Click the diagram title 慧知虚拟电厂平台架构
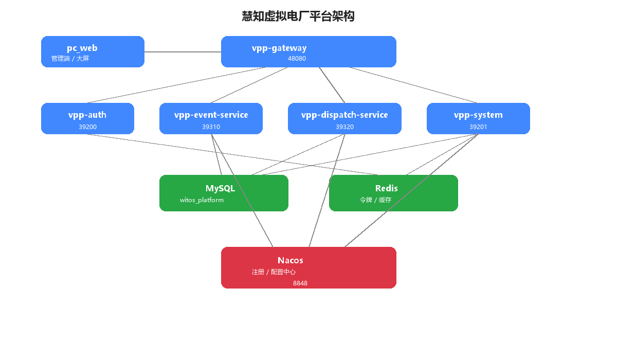click(x=298, y=16)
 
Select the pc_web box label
click(x=82, y=48)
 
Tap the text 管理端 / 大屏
click(x=70, y=59)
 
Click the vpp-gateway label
click(x=279, y=48)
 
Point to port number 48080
click(x=297, y=59)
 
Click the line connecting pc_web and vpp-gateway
click(x=183, y=52)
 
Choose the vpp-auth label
click(x=87, y=115)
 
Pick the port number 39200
click(x=87, y=127)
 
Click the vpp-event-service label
click(x=211, y=115)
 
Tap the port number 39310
click(x=211, y=127)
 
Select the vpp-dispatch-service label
click(x=344, y=115)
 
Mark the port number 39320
click(x=344, y=127)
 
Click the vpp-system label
click(x=478, y=115)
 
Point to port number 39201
click(x=478, y=127)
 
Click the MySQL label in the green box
click(x=220, y=188)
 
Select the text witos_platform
click(x=202, y=200)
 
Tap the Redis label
click(x=386, y=188)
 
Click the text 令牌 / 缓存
click(x=375, y=200)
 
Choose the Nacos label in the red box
click(x=291, y=260)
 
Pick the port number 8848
click(x=300, y=283)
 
